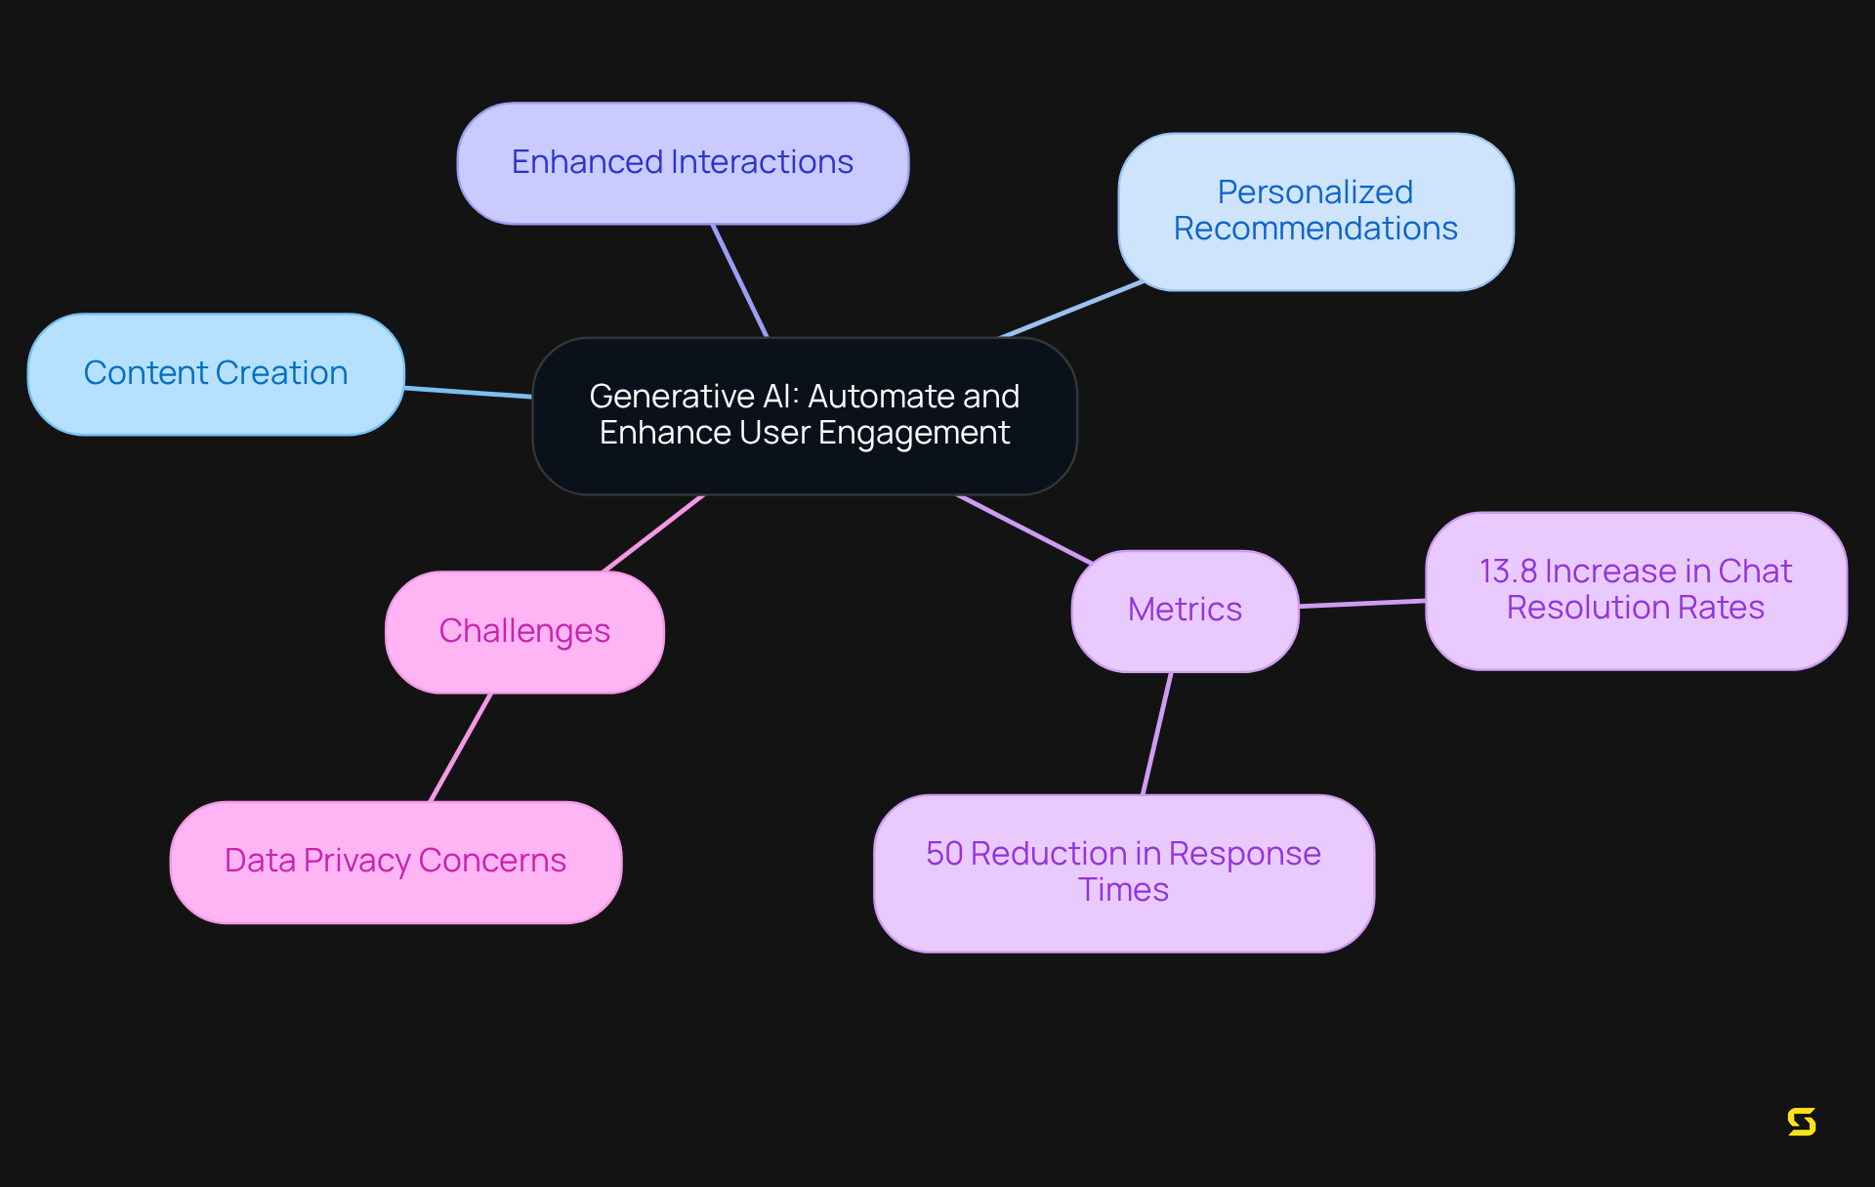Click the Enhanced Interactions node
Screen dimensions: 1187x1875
tap(683, 163)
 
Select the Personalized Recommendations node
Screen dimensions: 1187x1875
tap(1315, 211)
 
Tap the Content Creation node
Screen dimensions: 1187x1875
tap(216, 373)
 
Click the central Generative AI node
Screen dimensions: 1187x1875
tap(804, 415)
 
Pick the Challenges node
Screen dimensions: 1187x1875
tap(524, 631)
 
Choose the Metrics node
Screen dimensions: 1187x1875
tap(1185, 610)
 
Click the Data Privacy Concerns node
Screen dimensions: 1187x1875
tap(396, 861)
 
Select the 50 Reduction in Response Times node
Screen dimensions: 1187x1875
tap(1123, 872)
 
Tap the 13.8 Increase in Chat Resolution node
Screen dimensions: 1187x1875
tap(1636, 590)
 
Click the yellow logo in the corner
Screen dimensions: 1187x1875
tap(1802, 1122)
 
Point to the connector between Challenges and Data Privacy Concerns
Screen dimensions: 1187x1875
tap(461, 747)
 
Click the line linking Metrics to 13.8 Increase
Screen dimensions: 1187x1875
tap(1362, 604)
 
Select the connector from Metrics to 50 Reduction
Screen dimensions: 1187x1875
tap(1157, 733)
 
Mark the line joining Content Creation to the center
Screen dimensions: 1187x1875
tap(469, 392)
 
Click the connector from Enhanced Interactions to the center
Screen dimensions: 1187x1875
tap(740, 280)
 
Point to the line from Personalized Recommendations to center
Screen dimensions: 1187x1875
tap(1071, 310)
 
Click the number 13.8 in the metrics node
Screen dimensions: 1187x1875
tap(1508, 572)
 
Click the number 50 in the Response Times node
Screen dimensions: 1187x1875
tap(944, 854)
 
